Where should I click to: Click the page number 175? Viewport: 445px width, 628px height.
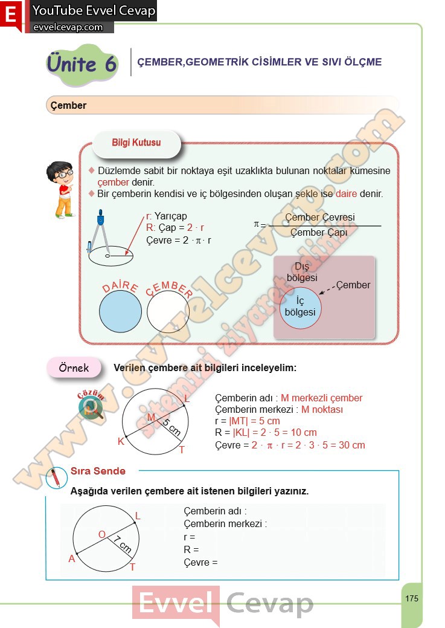pyautogui.click(x=412, y=598)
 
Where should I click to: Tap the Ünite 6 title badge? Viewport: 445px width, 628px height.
pyautogui.click(x=82, y=64)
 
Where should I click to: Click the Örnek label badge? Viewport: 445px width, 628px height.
pyautogui.click(x=74, y=367)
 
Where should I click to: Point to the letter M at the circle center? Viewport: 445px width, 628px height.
pyautogui.click(x=151, y=418)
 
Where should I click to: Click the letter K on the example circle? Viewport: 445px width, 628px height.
pyautogui.click(x=121, y=441)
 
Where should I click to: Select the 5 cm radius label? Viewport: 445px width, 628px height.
pyautogui.click(x=171, y=427)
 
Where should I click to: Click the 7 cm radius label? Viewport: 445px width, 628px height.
pyautogui.click(x=123, y=545)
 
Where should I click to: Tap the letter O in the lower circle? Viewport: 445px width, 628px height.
pyautogui.click(x=101, y=534)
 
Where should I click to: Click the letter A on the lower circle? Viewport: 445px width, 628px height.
pyautogui.click(x=72, y=559)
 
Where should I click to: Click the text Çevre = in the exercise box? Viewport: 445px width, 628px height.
pyautogui.click(x=200, y=562)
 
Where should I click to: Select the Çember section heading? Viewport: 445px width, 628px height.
pyautogui.click(x=69, y=106)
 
